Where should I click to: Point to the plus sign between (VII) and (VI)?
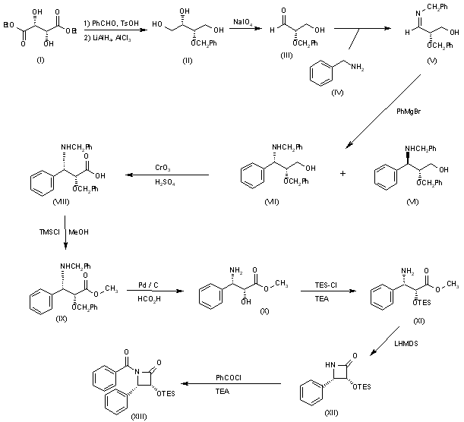click(342, 173)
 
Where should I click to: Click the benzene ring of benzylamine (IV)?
click(321, 73)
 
